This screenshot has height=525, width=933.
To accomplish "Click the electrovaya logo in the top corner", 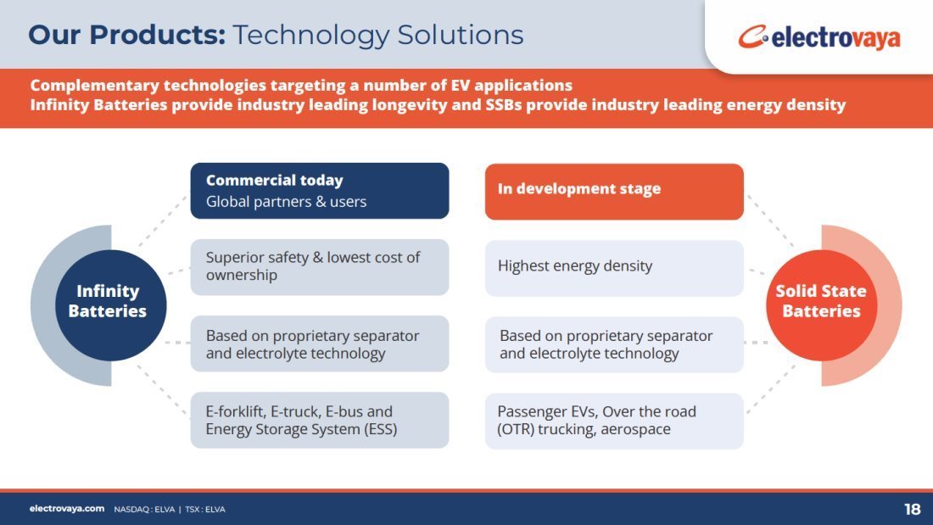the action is [x=818, y=37].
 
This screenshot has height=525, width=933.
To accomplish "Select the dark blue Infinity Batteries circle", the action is [x=110, y=305].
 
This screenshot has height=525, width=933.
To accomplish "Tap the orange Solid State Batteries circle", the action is [x=821, y=305].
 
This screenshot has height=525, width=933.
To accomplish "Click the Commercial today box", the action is [x=320, y=191].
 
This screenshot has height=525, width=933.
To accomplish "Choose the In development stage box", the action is [x=614, y=192].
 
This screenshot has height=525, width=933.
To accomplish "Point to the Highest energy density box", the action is [x=614, y=268].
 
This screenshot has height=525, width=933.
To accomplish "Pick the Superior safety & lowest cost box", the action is [x=320, y=267].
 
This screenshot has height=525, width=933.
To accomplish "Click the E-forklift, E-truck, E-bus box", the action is [x=320, y=420].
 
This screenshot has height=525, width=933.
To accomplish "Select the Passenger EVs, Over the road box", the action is [x=614, y=422].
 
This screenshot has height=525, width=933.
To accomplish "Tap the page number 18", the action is [x=912, y=510].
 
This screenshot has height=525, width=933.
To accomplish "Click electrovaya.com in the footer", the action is [x=67, y=509].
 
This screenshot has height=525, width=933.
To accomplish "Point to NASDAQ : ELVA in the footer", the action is [x=144, y=510].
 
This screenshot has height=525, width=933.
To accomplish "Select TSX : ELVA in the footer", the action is [x=205, y=510].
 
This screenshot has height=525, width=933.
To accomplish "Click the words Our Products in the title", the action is [x=126, y=35].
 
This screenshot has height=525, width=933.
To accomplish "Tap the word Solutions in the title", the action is [x=461, y=35].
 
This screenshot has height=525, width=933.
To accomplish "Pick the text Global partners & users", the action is [x=286, y=202].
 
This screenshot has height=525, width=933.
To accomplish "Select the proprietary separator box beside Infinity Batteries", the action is [x=320, y=343].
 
